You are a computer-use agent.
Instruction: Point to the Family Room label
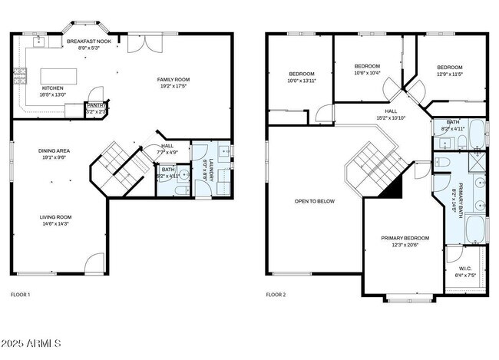[173, 79]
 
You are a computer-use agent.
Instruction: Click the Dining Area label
[55, 150]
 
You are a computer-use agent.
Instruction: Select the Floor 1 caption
[20, 294]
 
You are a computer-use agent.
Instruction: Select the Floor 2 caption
[276, 294]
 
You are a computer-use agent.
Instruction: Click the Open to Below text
[315, 201]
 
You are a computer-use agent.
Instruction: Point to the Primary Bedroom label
[405, 238]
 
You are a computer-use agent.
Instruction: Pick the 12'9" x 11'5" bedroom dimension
[450, 74]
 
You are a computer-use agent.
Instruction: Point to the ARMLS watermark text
[31, 342]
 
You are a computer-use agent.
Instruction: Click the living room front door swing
[93, 265]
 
